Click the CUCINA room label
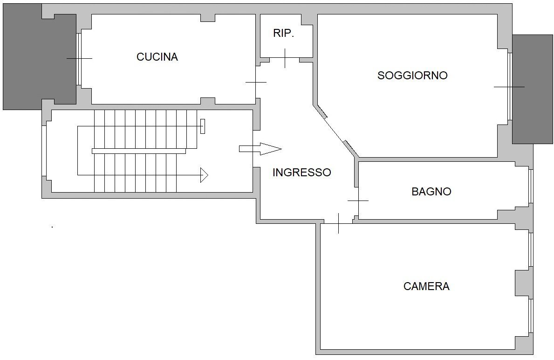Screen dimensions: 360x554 (x=157, y=57)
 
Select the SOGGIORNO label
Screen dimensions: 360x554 (x=412, y=76)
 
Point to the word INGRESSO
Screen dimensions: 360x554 (x=301, y=173)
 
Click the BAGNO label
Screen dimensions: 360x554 (x=431, y=192)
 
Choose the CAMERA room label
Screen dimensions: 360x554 (x=426, y=286)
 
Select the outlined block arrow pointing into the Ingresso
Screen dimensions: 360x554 (x=260, y=149)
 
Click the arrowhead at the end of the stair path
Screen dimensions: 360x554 (x=204, y=175)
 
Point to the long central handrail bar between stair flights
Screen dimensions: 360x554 (x=139, y=151)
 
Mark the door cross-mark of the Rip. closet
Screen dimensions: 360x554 (x=285, y=58)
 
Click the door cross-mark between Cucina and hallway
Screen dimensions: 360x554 (x=256, y=82)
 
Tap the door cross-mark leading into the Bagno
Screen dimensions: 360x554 (x=358, y=201)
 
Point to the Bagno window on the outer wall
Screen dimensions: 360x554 (x=531, y=186)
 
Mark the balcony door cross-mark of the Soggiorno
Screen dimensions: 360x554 (x=509, y=87)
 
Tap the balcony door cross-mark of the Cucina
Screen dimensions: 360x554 (x=79, y=58)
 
